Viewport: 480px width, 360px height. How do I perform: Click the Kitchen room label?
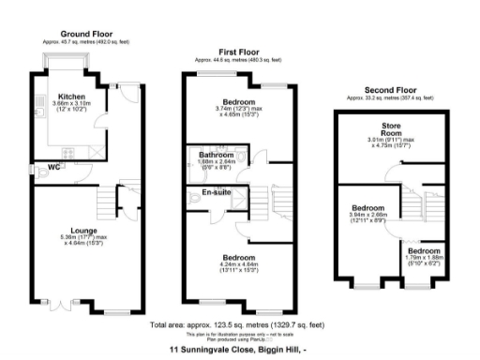click(72, 96)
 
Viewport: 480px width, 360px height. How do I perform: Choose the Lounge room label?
click(74, 227)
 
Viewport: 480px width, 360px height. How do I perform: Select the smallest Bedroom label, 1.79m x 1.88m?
click(424, 252)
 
